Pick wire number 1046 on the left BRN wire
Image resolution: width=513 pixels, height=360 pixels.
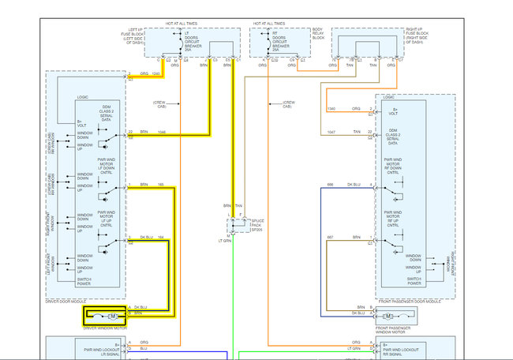pyautogui.click(x=162, y=131)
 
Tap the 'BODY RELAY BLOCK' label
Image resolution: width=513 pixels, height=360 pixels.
pyautogui.click(x=318, y=35)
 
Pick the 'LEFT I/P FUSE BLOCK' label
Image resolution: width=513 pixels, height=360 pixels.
pyautogui.click(x=133, y=35)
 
